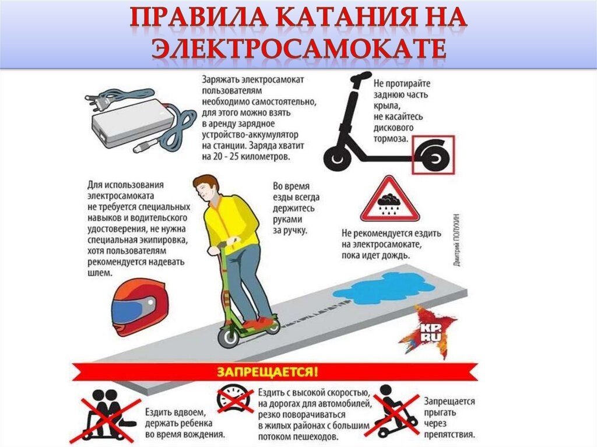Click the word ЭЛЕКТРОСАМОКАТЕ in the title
click(298, 50)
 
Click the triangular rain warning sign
click(389, 201)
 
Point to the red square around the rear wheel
click(434, 154)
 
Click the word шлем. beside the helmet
click(99, 272)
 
